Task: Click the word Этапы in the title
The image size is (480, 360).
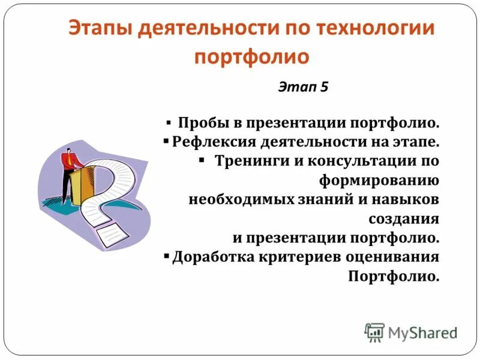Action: point(98,29)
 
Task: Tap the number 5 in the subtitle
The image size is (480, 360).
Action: point(325,86)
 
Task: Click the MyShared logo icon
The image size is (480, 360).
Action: point(374,332)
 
